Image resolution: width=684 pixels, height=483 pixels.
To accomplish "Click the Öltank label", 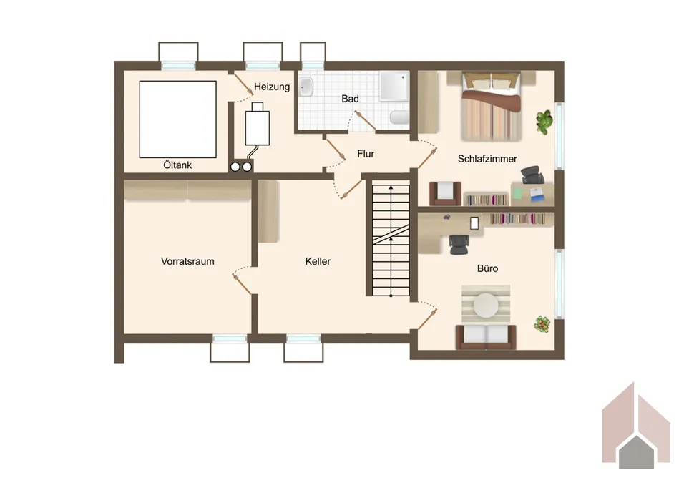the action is tap(177, 165).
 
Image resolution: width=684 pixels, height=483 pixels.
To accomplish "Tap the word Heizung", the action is tap(272, 87).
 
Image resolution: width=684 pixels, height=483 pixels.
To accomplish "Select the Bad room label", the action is tap(350, 99).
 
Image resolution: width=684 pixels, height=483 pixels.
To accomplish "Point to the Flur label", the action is tap(366, 154).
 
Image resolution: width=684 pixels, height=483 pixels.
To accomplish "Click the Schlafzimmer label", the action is tap(487, 159).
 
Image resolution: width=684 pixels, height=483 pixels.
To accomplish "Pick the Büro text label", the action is tap(487, 269).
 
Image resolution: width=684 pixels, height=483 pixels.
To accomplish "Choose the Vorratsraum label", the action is tap(187, 262).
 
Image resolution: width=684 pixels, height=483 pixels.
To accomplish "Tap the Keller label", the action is tap(318, 262).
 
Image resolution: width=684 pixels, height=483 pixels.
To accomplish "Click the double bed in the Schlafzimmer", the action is tap(492, 106).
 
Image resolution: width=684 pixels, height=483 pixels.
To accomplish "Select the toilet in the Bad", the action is tap(399, 117).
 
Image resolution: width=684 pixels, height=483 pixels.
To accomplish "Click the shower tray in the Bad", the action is tap(394, 86).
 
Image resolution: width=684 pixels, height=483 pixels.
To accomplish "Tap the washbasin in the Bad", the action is tap(306, 87).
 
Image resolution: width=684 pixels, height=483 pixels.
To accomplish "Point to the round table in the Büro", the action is tap(486, 305).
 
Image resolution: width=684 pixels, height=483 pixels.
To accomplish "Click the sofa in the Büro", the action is tap(486, 336).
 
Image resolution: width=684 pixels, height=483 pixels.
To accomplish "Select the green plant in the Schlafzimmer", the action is tap(544, 122).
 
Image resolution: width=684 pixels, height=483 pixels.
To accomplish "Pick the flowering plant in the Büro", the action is tap(542, 324).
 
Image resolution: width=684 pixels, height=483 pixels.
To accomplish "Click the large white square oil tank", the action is tap(177, 119).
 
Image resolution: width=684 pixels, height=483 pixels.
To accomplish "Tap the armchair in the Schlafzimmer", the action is tap(445, 193).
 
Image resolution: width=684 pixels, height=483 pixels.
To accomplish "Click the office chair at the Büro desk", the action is tap(459, 244).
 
